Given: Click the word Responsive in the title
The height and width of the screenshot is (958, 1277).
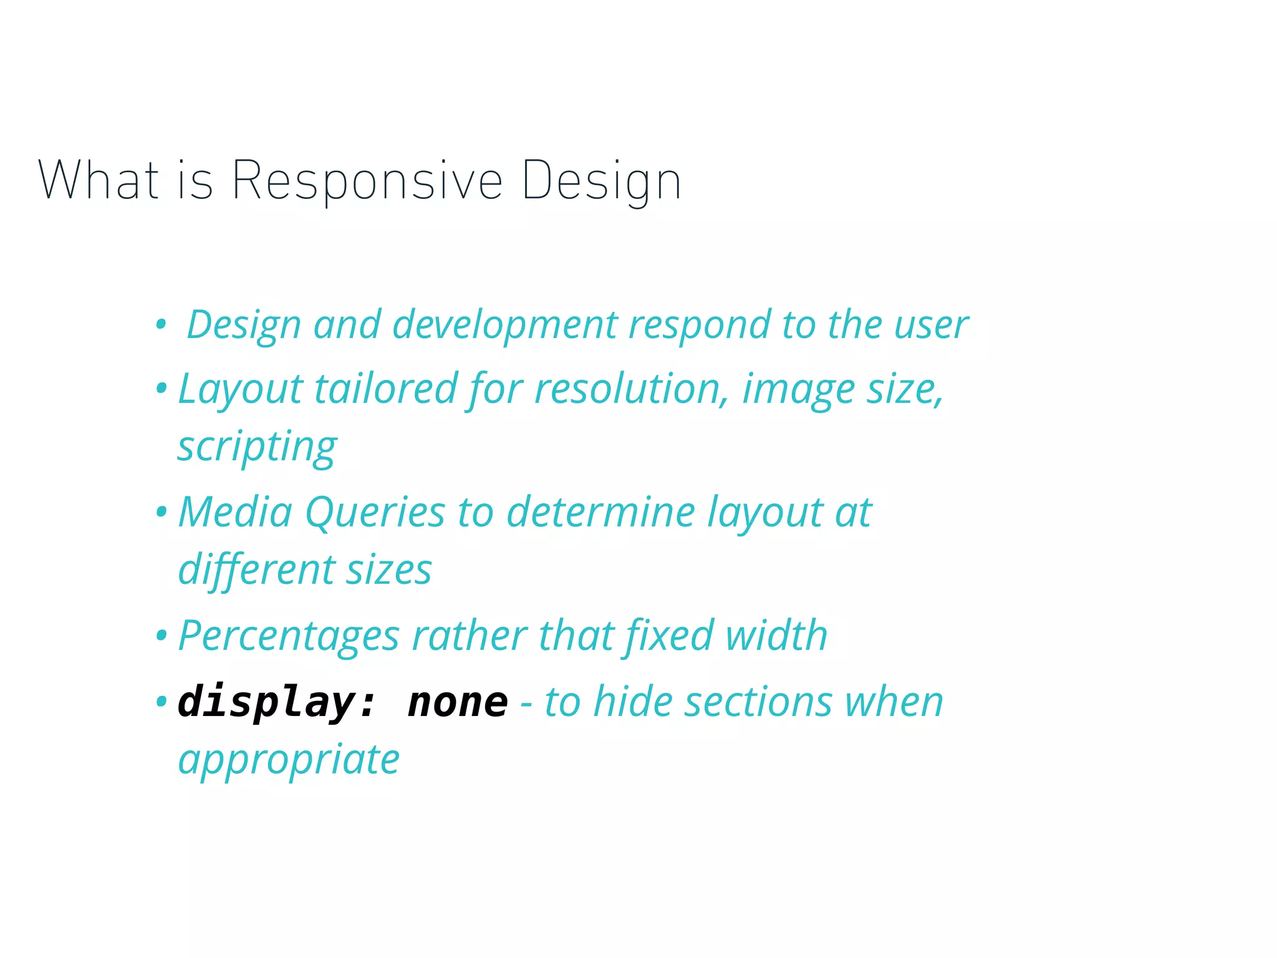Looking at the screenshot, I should (367, 181).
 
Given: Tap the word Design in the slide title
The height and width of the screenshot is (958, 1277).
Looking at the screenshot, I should (601, 181).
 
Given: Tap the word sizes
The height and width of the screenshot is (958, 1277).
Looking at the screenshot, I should (388, 571).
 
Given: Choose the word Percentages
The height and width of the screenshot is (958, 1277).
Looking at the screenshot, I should (289, 636).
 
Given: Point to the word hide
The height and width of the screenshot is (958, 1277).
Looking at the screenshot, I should (633, 702).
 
